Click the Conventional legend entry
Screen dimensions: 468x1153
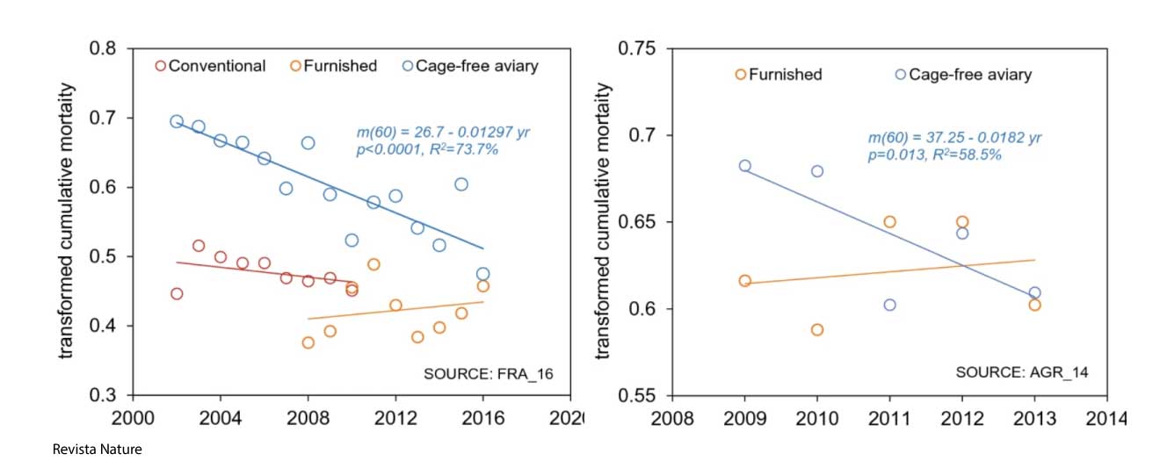pyautogui.click(x=211, y=66)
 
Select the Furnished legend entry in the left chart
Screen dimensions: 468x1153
pyautogui.click(x=334, y=66)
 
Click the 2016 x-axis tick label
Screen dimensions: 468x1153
pyautogui.click(x=482, y=416)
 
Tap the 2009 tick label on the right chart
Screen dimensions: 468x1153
pyautogui.click(x=744, y=417)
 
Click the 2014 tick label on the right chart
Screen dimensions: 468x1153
pyautogui.click(x=1106, y=417)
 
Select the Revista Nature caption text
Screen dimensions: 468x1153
pyautogui.click(x=97, y=450)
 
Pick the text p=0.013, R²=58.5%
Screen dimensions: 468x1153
pyautogui.click(x=936, y=154)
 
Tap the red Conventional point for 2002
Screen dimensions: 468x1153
pyautogui.click(x=177, y=293)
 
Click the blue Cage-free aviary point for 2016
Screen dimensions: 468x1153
pyautogui.click(x=482, y=274)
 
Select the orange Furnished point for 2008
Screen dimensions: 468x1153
pyautogui.click(x=308, y=342)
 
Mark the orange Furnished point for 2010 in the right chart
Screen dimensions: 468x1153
pyautogui.click(x=817, y=329)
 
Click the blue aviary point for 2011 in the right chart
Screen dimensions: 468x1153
pyautogui.click(x=889, y=305)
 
